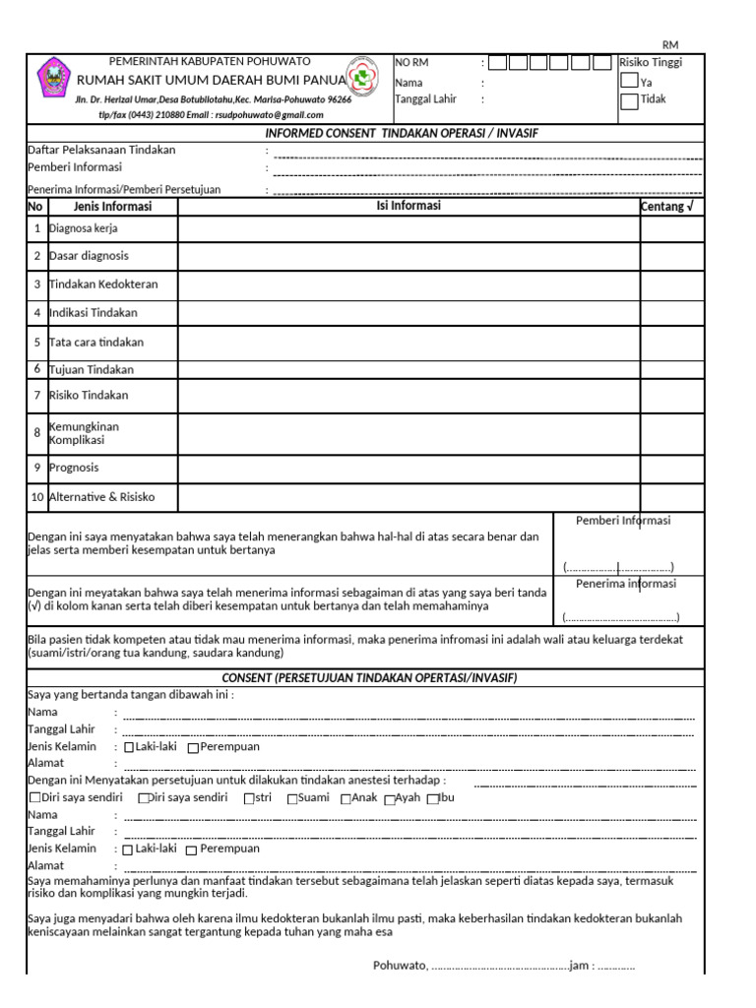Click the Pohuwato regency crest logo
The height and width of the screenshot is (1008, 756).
point(52,79)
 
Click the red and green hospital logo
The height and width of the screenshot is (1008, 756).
point(363,80)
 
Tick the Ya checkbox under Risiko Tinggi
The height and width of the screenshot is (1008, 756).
point(629,82)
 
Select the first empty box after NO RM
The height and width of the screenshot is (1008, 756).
point(498,63)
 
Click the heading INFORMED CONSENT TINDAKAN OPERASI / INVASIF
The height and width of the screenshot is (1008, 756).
point(403,133)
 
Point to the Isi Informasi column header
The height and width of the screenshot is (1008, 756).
point(409,207)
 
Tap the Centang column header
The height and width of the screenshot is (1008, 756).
point(671,207)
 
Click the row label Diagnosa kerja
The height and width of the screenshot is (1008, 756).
point(84,228)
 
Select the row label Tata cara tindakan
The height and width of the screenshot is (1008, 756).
point(96,343)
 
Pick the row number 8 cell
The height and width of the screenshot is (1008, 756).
point(36,432)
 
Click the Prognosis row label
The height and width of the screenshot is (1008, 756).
point(74,468)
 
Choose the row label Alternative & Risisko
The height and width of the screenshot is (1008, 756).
point(101,497)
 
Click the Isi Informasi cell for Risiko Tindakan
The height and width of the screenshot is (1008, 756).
point(409,396)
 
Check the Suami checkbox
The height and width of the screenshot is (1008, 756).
point(292,798)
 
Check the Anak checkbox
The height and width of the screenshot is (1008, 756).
point(346,798)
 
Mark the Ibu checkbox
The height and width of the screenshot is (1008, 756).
point(431,798)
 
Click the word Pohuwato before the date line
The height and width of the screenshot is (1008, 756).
point(400,966)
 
